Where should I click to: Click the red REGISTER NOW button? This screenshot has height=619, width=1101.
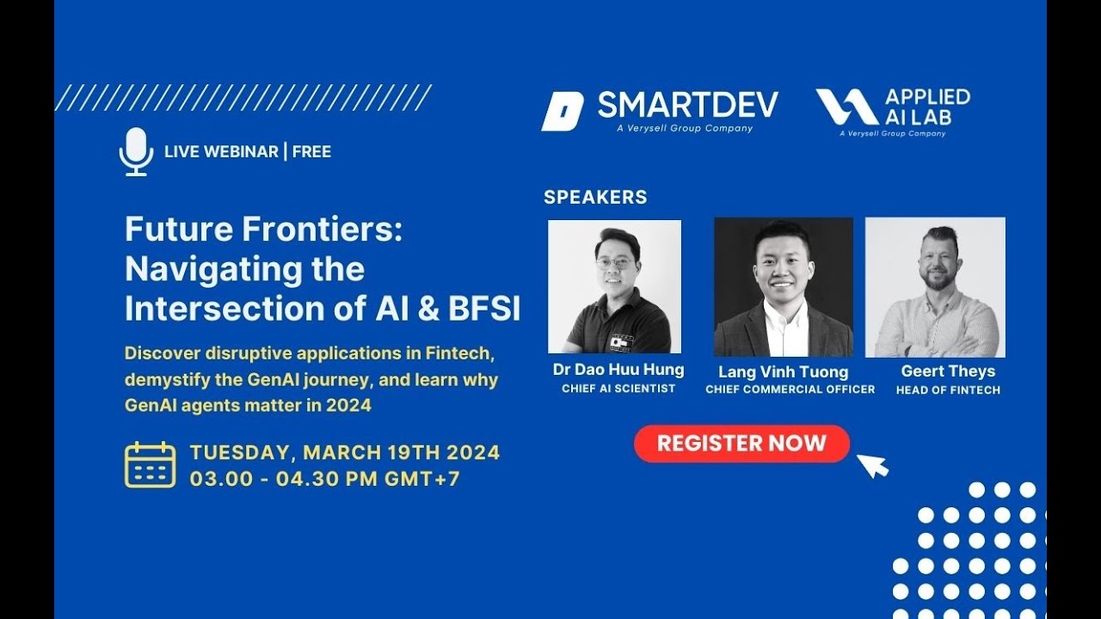(741, 444)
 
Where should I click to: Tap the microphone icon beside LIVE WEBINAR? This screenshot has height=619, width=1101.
(136, 152)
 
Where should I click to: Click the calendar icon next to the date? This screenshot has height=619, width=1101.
(150, 465)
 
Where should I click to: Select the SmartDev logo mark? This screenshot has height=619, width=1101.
(562, 111)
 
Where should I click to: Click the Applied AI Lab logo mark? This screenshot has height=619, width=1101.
(846, 107)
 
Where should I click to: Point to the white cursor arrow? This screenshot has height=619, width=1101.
(872, 465)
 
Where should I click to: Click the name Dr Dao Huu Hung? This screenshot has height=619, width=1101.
(618, 370)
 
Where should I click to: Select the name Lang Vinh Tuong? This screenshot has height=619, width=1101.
(783, 371)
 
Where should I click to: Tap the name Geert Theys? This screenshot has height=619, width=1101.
(948, 371)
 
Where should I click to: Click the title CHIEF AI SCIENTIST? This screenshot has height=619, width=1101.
(618, 389)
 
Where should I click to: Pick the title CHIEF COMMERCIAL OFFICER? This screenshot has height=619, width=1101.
(790, 389)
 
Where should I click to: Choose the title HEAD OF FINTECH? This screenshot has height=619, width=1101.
(948, 390)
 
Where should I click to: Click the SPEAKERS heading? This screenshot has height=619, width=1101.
(595, 197)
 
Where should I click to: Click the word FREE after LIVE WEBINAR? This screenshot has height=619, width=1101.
(311, 152)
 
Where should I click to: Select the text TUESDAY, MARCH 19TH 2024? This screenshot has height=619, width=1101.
(344, 452)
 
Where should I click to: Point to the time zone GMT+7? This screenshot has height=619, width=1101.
(421, 479)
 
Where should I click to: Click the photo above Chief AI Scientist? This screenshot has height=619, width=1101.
(614, 286)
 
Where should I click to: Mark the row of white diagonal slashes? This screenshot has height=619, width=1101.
(243, 98)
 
